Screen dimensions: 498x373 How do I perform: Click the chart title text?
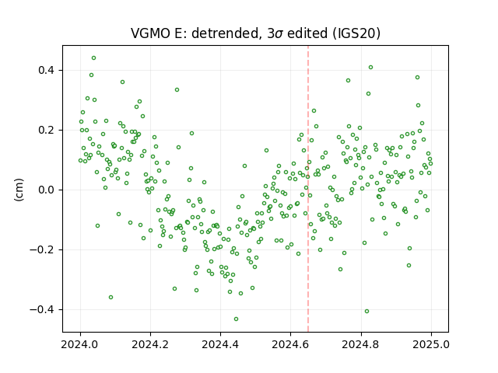coord(255,33)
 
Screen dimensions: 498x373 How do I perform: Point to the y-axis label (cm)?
coord(19,190)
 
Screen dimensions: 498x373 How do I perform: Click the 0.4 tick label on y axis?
coord(47,70)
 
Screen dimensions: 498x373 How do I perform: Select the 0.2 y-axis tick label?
coord(47,130)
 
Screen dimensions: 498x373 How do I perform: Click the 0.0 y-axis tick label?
coord(47,190)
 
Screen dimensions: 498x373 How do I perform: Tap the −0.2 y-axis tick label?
coord(43,249)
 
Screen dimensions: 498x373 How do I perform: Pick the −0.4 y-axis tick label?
coord(43,309)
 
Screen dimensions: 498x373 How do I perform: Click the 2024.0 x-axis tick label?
coord(80,344)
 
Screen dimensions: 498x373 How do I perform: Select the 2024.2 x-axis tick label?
coord(150,344)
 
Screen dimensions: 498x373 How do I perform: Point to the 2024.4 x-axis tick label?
coord(220,344)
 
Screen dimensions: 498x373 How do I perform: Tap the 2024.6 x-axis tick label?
coord(290,344)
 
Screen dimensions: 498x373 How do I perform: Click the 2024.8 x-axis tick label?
coord(361,344)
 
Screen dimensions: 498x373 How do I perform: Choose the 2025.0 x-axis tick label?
coord(431,344)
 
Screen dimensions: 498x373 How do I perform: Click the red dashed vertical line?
coord(308,189)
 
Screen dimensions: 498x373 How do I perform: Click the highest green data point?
coord(93,58)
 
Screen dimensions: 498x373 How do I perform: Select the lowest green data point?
coord(236,319)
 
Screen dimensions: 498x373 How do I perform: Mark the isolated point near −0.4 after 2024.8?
coord(366,311)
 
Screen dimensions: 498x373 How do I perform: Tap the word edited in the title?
coord(307,33)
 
